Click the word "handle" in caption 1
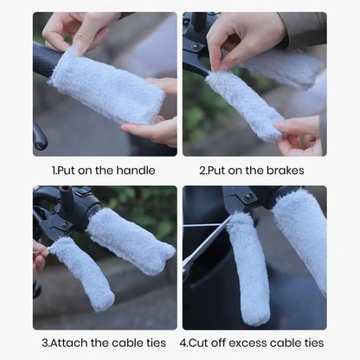136,170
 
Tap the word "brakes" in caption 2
285,170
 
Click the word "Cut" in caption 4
198,343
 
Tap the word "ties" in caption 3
156,343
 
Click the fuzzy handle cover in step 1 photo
107,86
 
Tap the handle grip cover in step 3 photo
131,241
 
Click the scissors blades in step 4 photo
206,244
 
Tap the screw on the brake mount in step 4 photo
248,196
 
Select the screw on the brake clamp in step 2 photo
196,46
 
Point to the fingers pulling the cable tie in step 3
40,254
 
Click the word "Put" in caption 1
66,170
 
